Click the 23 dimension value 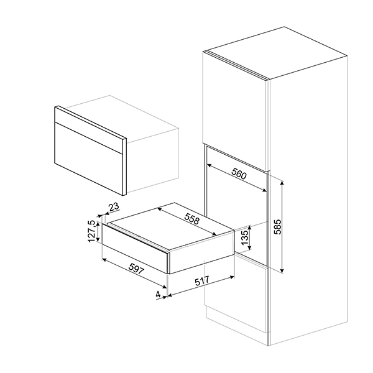[113, 208]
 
